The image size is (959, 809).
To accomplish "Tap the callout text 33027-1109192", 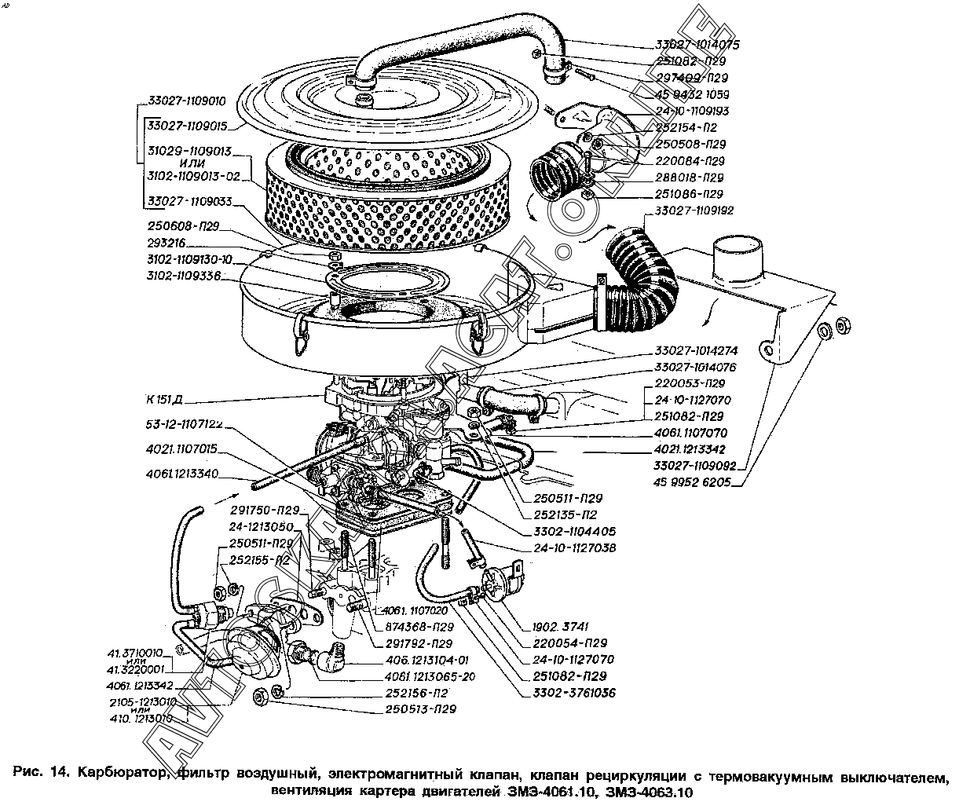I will coord(694,210).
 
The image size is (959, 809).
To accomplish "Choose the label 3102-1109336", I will coord(183,276).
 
